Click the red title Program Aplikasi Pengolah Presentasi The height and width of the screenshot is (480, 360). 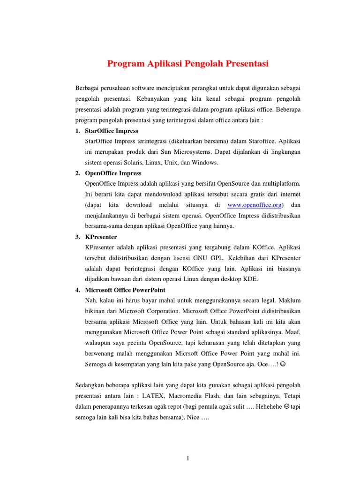pyautogui.click(x=188, y=64)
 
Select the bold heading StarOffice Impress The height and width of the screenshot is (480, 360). pyautogui.click(x=112, y=131)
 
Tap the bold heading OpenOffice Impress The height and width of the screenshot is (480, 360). pyautogui.click(x=113, y=173)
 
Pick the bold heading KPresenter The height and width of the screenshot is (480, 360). pyautogui.click(x=101, y=237)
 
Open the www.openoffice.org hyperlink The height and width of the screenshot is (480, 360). pyautogui.click(x=254, y=205)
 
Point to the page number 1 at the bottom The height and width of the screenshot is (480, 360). pyautogui.click(x=188, y=458)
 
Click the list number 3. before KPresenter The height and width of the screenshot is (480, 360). pyautogui.click(x=78, y=237)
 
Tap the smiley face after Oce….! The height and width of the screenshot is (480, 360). pyautogui.click(x=288, y=364)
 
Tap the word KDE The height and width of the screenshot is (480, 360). pyautogui.click(x=250, y=279)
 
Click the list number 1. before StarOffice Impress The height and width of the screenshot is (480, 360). pyautogui.click(x=78, y=131)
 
